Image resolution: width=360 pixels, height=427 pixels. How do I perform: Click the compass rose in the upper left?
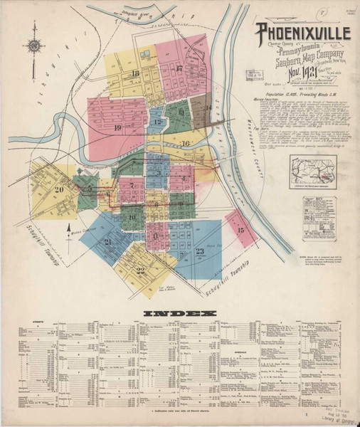[x=33, y=46]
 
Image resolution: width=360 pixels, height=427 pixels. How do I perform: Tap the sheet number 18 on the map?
[x=134, y=73]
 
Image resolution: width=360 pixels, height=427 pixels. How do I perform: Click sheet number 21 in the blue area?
[x=107, y=242]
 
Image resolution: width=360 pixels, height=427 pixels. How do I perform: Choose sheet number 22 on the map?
[x=140, y=270]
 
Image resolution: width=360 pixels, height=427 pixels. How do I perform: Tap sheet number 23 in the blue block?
[x=200, y=251]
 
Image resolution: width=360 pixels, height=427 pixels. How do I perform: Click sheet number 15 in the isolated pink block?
[x=240, y=230]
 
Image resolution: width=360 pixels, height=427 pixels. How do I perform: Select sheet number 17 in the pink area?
[x=179, y=68]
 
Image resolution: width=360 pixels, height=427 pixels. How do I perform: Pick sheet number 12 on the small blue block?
[x=156, y=122]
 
